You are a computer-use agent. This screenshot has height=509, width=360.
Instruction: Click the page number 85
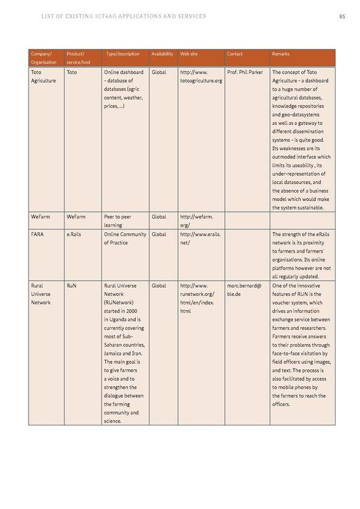click(342, 16)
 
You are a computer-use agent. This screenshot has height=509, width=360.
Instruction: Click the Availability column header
click(162, 54)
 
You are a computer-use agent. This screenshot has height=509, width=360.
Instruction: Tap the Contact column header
click(234, 54)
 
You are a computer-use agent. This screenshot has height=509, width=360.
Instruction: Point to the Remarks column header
click(281, 54)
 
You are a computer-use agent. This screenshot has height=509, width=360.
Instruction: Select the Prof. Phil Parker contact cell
click(245, 72)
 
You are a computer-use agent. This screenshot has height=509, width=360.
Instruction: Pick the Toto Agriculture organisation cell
click(43, 76)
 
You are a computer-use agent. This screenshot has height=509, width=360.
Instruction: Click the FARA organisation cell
click(38, 234)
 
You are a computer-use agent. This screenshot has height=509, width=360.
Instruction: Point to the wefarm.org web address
click(196, 221)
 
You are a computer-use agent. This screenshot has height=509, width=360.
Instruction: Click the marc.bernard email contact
click(244, 290)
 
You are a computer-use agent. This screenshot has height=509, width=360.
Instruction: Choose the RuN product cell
click(72, 286)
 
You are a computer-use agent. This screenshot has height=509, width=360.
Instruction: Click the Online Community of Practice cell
click(124, 238)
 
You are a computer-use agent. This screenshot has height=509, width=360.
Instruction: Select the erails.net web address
click(199, 238)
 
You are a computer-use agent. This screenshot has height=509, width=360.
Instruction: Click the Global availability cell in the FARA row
click(159, 234)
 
